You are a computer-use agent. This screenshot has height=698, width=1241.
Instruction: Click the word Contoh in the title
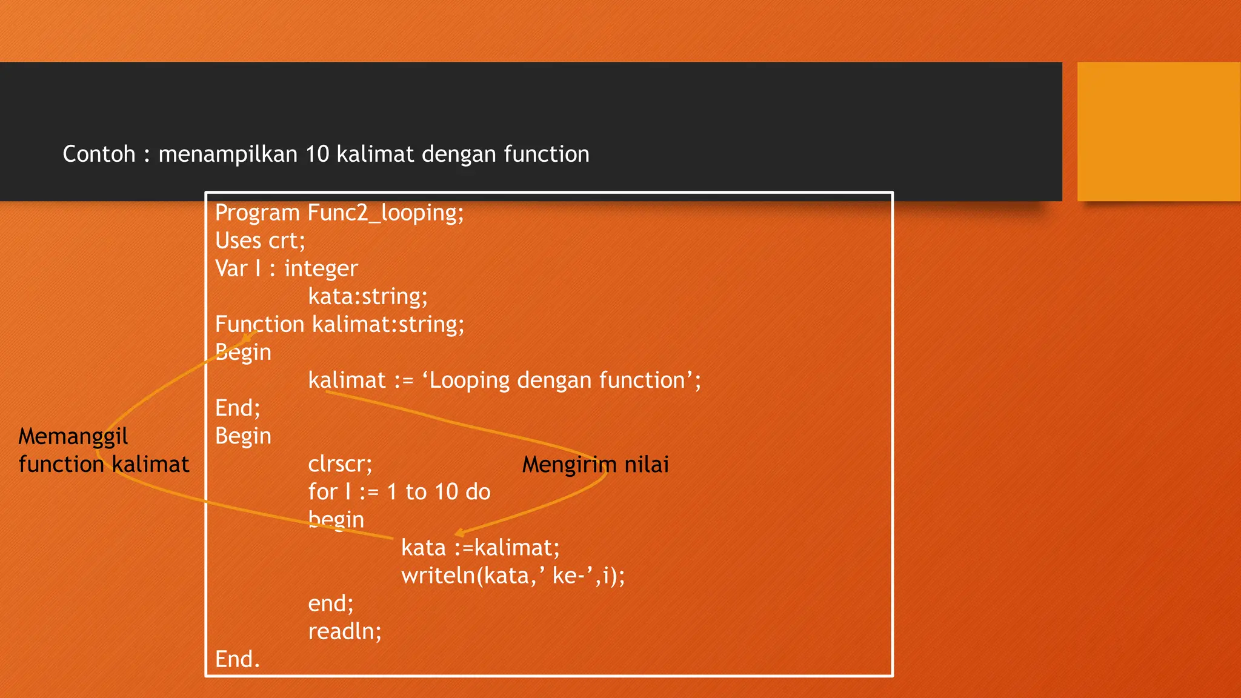(x=99, y=155)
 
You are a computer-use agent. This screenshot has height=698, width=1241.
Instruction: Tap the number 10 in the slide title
(x=317, y=155)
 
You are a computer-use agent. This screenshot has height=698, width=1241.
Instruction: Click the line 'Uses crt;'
(x=260, y=241)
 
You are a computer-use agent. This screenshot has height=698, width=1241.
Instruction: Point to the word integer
(x=321, y=269)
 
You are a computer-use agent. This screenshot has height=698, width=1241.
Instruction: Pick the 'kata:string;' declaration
(x=368, y=297)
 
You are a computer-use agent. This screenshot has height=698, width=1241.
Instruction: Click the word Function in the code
(x=259, y=325)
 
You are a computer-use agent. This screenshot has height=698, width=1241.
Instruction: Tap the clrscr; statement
(x=340, y=464)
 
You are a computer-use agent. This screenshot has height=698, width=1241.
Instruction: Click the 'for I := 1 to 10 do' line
(x=399, y=492)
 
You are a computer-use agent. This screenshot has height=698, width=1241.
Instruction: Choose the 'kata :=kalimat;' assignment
(x=481, y=548)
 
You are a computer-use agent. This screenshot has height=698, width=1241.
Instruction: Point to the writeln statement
(x=513, y=576)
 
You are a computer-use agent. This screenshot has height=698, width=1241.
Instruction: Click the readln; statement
(x=345, y=631)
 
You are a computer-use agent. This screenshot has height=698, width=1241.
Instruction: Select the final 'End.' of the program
(x=238, y=659)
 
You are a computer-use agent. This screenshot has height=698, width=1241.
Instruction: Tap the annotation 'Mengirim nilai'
(x=595, y=465)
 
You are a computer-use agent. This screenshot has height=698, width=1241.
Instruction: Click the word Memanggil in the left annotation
(x=73, y=436)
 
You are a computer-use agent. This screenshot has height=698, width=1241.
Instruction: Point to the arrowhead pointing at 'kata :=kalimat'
(x=459, y=533)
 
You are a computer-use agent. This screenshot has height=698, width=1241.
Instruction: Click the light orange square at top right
(x=1159, y=131)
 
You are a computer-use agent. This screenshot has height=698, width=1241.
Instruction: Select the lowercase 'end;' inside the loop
(x=331, y=603)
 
